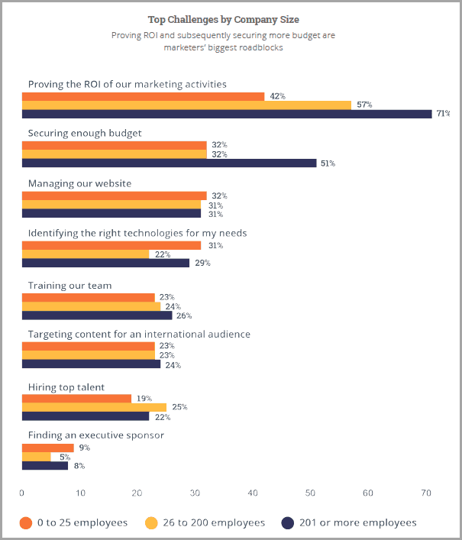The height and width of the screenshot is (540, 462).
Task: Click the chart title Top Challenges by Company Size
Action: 223,20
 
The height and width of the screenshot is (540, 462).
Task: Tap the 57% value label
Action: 363,105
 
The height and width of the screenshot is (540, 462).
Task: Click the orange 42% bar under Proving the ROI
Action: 143,96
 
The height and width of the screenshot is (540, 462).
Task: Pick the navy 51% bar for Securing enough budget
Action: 169,163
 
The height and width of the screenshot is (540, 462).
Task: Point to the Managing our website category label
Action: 79,183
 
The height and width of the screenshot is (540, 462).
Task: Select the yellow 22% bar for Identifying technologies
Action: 86,254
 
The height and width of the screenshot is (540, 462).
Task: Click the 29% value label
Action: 202,263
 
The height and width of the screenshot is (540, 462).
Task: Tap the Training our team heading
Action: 69,286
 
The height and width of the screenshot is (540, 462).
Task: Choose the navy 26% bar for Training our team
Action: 97,315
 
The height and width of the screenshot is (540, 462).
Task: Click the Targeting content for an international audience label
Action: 139,335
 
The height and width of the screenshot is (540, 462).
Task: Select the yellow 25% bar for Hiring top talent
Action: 94,407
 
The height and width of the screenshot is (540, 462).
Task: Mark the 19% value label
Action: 144,399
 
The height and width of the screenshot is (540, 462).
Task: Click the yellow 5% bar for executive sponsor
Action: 37,457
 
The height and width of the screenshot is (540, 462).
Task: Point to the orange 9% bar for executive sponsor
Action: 48,448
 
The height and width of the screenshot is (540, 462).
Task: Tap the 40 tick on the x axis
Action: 253,493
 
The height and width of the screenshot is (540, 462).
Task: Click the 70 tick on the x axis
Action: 425,493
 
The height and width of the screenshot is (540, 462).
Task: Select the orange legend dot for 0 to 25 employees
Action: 26,522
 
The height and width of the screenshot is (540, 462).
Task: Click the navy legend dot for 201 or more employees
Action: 288,522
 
